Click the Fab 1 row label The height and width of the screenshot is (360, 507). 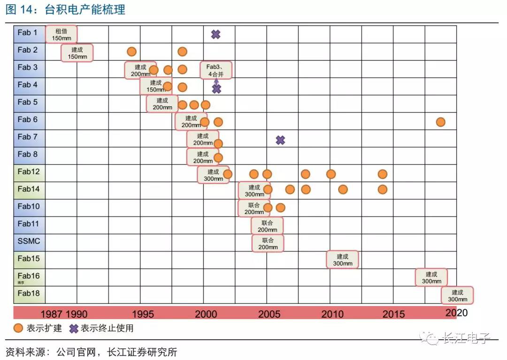28,33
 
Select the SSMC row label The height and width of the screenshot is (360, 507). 29,241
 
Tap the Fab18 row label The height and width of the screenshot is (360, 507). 29,294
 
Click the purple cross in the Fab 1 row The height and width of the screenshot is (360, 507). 215,34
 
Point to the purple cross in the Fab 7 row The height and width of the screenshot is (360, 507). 280,140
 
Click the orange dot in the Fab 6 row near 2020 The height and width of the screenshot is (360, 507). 440,122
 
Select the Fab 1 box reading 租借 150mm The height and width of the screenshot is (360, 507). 61,34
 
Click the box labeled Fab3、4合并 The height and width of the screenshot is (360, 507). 216,70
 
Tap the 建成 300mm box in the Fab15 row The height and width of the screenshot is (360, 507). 343,260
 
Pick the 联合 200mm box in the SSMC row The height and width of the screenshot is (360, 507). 268,243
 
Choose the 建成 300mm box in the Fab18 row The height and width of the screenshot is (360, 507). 457,296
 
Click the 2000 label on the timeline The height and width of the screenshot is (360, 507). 205,314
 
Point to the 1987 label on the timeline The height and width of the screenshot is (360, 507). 52,314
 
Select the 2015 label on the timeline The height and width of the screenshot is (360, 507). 393,314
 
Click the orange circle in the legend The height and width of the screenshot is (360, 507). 18,329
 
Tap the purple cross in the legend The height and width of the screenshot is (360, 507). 73,329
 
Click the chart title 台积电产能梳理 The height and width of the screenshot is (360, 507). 85,9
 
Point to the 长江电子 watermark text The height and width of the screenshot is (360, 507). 467,338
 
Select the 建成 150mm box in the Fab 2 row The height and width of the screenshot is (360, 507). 77,53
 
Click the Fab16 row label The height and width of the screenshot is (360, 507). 28,276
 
